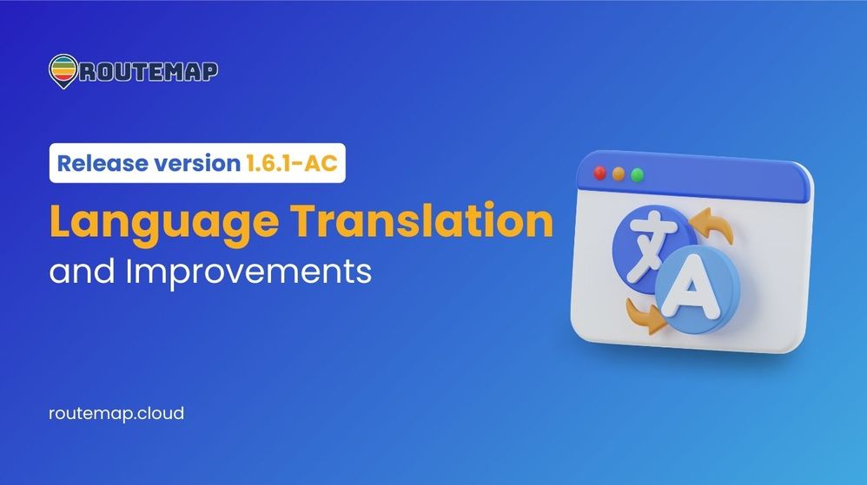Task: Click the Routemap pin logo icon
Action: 63,71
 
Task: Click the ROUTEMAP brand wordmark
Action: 149,71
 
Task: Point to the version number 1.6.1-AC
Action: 291,163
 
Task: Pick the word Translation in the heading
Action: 422,220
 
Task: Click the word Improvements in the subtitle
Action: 248,272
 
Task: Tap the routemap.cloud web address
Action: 116,414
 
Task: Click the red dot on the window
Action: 600,173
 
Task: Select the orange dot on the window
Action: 619,174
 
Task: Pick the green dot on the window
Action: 637,175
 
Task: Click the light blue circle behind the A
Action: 698,289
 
